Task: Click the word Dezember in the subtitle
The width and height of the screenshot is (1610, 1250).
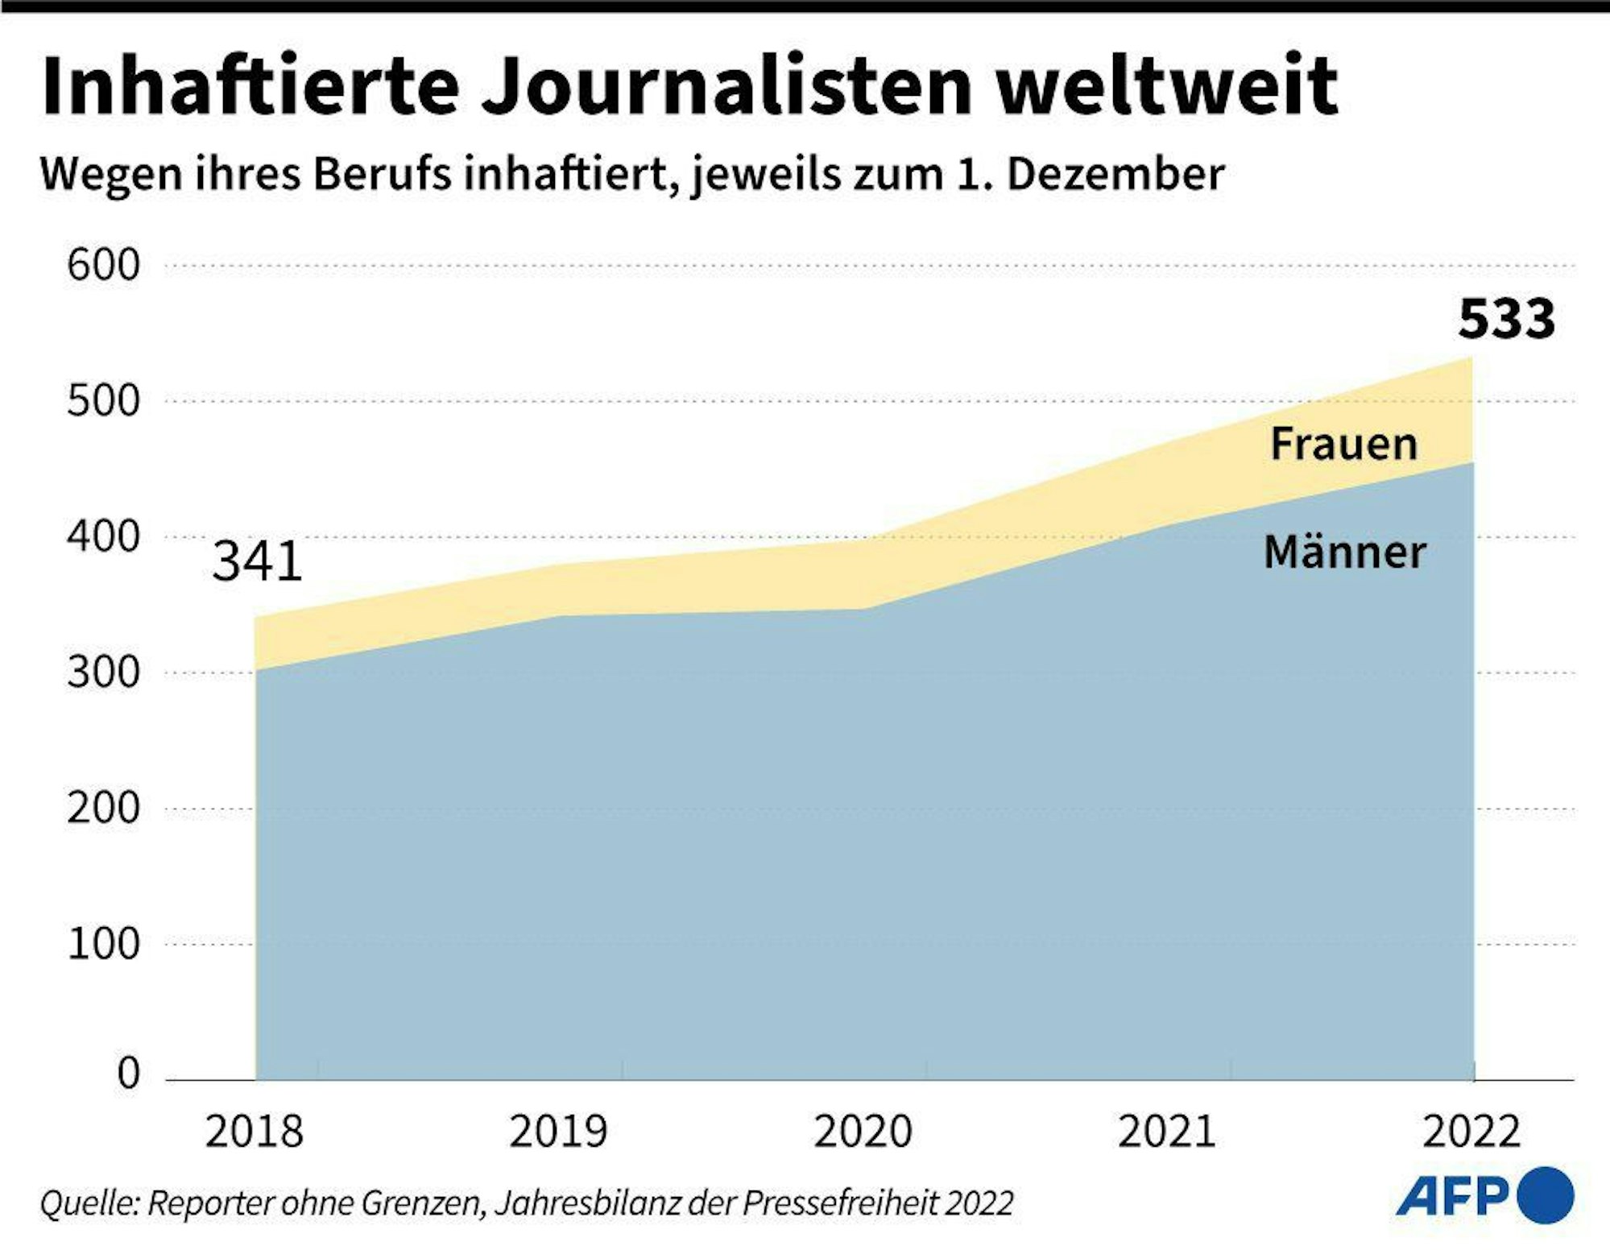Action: point(1115,174)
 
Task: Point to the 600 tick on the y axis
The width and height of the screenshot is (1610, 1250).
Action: point(103,265)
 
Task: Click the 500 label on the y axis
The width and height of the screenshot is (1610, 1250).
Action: point(103,400)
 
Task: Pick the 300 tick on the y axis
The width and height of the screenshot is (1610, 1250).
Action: point(103,672)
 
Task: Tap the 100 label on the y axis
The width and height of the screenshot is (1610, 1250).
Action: point(103,943)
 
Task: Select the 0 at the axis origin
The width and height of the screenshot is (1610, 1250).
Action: point(128,1073)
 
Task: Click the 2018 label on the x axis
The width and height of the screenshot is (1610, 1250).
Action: point(254,1132)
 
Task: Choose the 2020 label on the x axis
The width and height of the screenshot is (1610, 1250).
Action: point(863,1132)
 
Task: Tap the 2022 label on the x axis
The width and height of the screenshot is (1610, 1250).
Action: point(1471,1132)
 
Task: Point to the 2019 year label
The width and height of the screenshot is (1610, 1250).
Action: point(557,1132)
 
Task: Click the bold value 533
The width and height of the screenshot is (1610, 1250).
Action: point(1506,319)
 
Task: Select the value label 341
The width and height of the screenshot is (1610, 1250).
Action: point(257,561)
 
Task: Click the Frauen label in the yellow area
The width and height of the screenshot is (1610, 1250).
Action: point(1343,444)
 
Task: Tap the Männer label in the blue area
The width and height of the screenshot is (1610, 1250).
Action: point(1345,553)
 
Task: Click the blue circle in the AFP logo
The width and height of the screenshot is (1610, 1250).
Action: point(1545,1196)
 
